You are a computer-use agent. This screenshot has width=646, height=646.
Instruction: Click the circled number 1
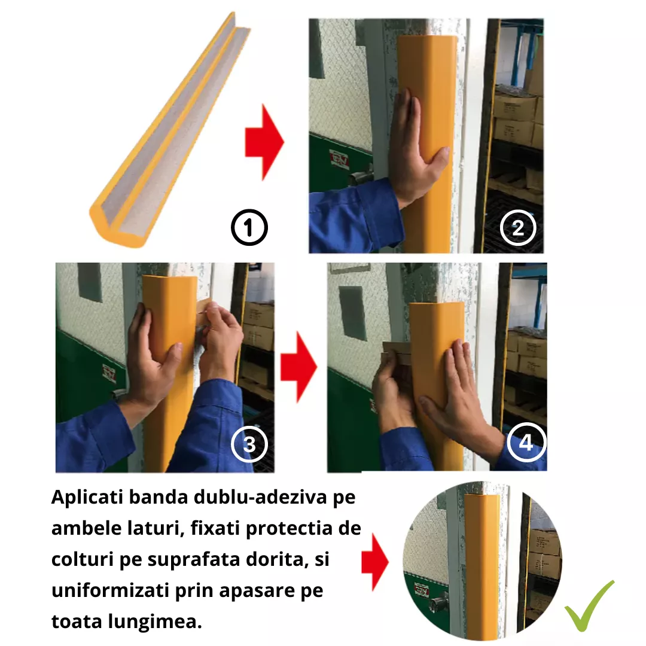(249, 227)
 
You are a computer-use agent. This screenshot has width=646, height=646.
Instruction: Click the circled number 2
(518, 227)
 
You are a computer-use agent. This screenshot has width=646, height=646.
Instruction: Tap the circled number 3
(249, 444)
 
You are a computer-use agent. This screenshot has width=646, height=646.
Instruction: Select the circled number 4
(526, 442)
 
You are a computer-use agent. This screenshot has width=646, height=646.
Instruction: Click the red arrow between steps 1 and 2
(264, 142)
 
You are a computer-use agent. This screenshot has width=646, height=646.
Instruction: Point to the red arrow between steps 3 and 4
(298, 367)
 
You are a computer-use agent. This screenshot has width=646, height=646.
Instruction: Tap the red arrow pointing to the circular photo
(374, 562)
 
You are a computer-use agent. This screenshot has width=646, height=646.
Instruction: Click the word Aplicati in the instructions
(87, 498)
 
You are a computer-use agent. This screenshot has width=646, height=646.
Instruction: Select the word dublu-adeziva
(260, 497)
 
